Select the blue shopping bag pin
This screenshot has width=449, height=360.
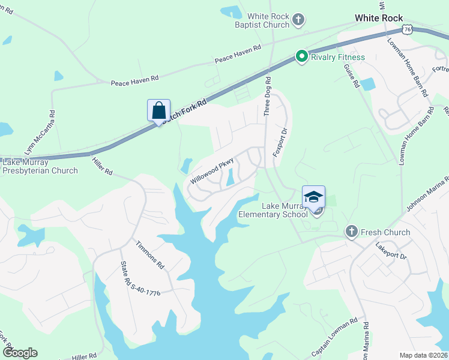click(158, 111)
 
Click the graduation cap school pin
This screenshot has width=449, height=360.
click(313, 197)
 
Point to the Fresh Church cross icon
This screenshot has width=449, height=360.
click(351, 232)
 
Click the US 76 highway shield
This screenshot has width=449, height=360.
click(408, 29)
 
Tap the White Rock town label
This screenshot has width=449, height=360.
click(379, 18)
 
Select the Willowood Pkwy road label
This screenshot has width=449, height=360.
click(211, 170)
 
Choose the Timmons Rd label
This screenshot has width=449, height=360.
click(149, 254)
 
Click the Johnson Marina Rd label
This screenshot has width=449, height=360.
click(427, 195)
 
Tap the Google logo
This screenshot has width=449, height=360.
click(20, 353)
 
